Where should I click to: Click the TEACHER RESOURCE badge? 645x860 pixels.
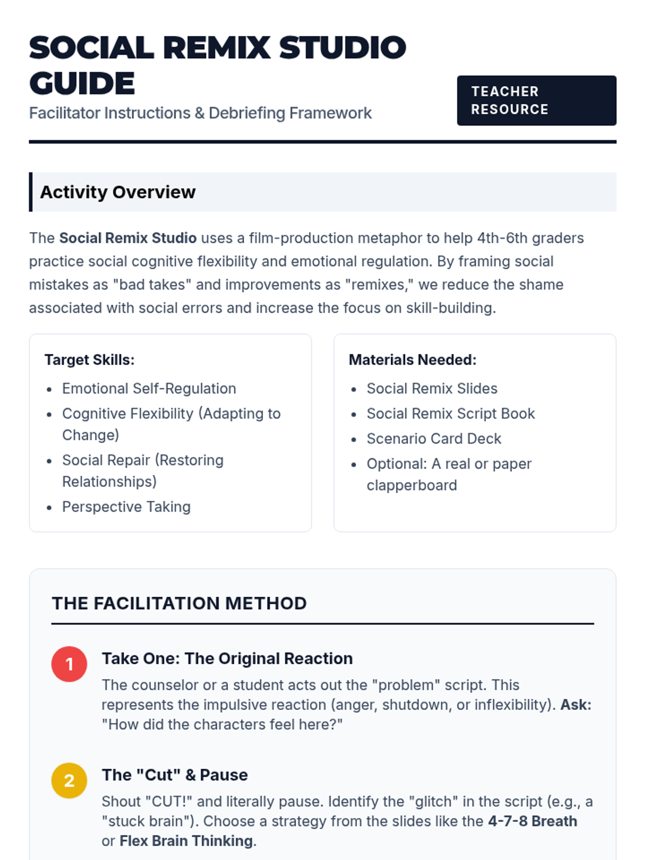click(x=536, y=101)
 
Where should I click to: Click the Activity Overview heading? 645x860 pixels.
click(x=118, y=192)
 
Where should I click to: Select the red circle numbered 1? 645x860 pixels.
click(x=69, y=664)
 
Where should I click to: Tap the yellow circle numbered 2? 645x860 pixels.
click(x=69, y=780)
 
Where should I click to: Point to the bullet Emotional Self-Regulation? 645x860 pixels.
click(x=149, y=388)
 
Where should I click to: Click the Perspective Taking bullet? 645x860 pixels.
click(x=126, y=506)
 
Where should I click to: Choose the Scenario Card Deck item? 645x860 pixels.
click(x=434, y=439)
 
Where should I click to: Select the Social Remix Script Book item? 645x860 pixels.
click(x=450, y=413)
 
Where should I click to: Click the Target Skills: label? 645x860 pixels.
click(x=89, y=360)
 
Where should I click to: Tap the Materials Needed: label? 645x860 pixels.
click(x=412, y=360)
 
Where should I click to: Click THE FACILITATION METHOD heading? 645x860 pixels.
click(x=179, y=603)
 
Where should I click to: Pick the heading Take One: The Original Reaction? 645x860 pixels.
click(x=227, y=658)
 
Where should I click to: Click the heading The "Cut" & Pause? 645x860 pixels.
click(x=175, y=775)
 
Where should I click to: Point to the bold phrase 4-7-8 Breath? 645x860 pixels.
click(x=532, y=821)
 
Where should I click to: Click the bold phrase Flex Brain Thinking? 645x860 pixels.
click(x=186, y=841)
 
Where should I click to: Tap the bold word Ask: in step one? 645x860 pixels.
click(x=576, y=705)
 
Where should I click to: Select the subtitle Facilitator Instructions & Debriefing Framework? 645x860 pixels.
click(x=200, y=113)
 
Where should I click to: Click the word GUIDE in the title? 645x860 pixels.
click(x=82, y=83)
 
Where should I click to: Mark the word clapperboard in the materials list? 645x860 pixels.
click(x=412, y=485)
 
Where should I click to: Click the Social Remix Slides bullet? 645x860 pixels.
click(x=432, y=388)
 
